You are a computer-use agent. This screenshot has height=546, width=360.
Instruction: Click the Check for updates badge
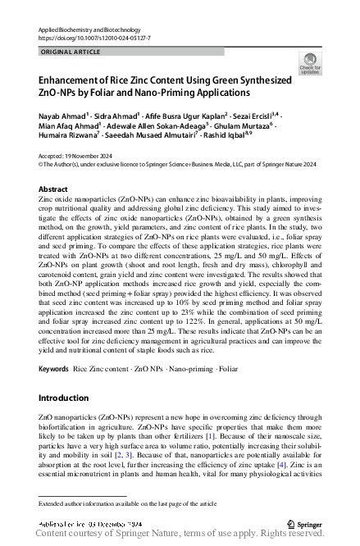pos(310,64)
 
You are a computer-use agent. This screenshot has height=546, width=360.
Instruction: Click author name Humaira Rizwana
pos(67,140)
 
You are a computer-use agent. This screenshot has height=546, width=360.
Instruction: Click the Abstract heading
pos(53,189)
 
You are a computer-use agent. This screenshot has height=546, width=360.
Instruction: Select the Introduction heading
pos(64,398)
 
